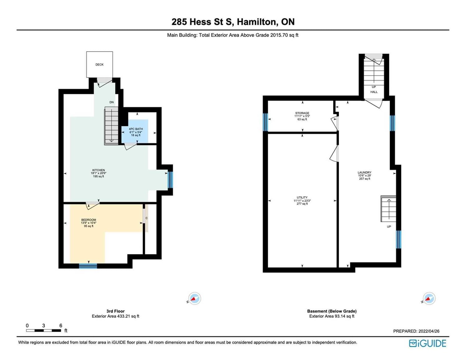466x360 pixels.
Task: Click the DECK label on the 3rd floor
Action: point(99,65)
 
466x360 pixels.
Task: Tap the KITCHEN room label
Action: point(98,170)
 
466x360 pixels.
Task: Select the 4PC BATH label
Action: point(136,129)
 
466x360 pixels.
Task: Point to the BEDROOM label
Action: point(89,220)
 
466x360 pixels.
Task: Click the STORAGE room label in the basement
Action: point(302,113)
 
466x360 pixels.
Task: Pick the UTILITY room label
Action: point(302,198)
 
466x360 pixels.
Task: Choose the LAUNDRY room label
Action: point(364,172)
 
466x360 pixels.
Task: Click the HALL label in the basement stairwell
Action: point(374,92)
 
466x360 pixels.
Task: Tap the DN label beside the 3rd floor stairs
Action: point(112,102)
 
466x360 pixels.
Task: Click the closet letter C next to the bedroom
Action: point(146,218)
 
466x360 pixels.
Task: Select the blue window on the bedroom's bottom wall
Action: point(88,266)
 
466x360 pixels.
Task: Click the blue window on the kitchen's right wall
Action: point(170,180)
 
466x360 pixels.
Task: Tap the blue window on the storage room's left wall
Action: point(265,122)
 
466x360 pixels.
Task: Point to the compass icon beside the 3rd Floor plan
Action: point(194,298)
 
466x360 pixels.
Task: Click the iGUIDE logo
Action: point(427,343)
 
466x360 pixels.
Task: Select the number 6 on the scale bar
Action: point(61,326)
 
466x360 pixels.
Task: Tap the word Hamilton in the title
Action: point(257,22)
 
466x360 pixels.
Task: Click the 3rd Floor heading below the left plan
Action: point(115,311)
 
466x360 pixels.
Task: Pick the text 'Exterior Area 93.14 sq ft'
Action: point(332,316)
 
